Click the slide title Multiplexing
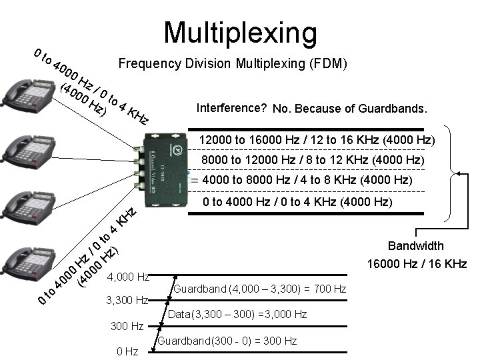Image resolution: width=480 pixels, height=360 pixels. [241, 31]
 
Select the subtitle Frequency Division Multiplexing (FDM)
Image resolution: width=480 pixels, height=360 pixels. [232, 64]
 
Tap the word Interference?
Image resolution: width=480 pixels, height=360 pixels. [233, 107]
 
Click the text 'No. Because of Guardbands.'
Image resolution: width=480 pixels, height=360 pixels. [350, 108]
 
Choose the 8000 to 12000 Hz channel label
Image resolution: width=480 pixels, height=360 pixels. [313, 161]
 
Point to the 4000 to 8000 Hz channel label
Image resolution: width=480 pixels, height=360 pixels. [307, 181]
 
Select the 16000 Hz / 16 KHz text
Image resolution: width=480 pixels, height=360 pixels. [417, 265]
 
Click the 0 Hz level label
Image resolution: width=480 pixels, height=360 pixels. [127, 351]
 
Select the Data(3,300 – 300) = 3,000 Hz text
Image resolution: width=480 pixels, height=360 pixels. [237, 313]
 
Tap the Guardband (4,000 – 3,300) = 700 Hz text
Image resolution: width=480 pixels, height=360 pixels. [259, 289]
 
